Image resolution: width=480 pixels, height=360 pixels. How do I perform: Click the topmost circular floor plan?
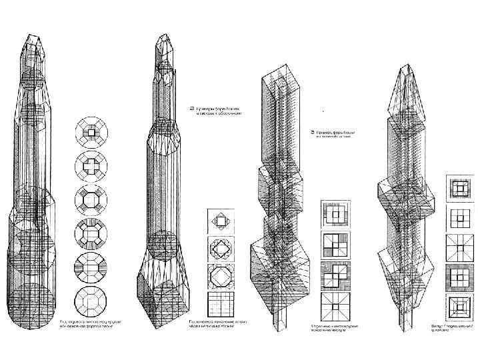91,131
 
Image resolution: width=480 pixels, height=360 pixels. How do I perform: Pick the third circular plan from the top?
91,198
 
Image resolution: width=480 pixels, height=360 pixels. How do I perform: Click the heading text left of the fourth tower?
334,134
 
